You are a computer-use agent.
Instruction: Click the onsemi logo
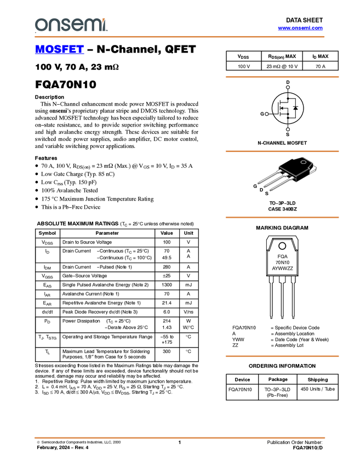pyautogui.click(x=71, y=25)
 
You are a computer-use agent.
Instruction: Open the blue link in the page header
pyautogui.click(x=300, y=28)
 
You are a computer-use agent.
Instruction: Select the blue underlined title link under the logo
pyautogui.click(x=59, y=50)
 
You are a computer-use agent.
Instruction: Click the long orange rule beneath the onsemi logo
pyautogui.click(x=180, y=37)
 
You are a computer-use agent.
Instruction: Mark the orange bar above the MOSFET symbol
pyautogui.click(x=282, y=77)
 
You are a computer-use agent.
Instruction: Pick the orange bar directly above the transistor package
pyautogui.click(x=282, y=151)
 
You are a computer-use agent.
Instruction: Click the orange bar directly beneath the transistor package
pyautogui.click(x=282, y=217)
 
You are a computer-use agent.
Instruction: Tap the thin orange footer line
pyautogui.click(x=180, y=437)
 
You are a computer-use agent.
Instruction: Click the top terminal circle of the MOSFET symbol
pyautogui.click(x=288, y=87)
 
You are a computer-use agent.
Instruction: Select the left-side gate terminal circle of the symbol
pyautogui.click(x=267, y=113)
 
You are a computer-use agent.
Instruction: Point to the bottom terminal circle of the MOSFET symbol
pyautogui.click(x=288, y=130)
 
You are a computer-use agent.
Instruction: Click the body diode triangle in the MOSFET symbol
pyautogui.click(x=295, y=109)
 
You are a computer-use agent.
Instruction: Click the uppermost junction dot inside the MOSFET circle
pyautogui.click(x=288, y=98)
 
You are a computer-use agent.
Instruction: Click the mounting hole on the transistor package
pyautogui.click(x=305, y=161)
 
